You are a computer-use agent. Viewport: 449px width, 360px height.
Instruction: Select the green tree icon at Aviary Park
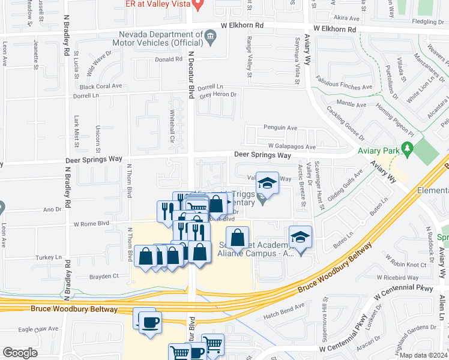click(408, 147)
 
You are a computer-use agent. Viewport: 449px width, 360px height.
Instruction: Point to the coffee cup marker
click(149, 322)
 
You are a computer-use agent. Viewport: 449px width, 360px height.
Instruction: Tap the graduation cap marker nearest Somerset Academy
click(300, 237)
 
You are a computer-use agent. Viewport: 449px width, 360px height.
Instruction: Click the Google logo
click(20, 353)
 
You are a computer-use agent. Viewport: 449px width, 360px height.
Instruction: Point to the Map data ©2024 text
click(424, 355)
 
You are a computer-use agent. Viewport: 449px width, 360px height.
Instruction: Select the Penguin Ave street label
click(280, 128)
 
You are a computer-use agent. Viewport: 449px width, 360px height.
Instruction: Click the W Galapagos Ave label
click(292, 146)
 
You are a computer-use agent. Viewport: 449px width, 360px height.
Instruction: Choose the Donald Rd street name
click(168, 59)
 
